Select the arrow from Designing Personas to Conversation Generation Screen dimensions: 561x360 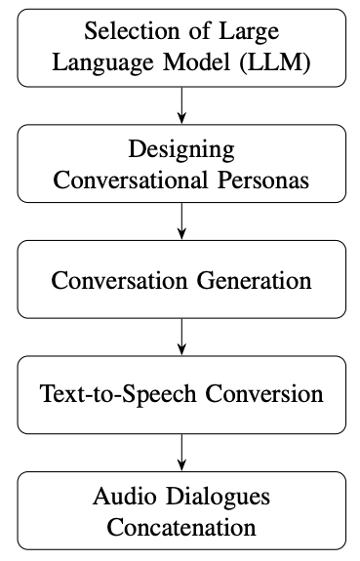click(x=180, y=222)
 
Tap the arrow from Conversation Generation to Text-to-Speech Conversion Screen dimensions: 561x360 click(x=180, y=338)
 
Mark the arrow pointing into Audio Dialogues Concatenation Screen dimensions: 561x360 click(x=180, y=454)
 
